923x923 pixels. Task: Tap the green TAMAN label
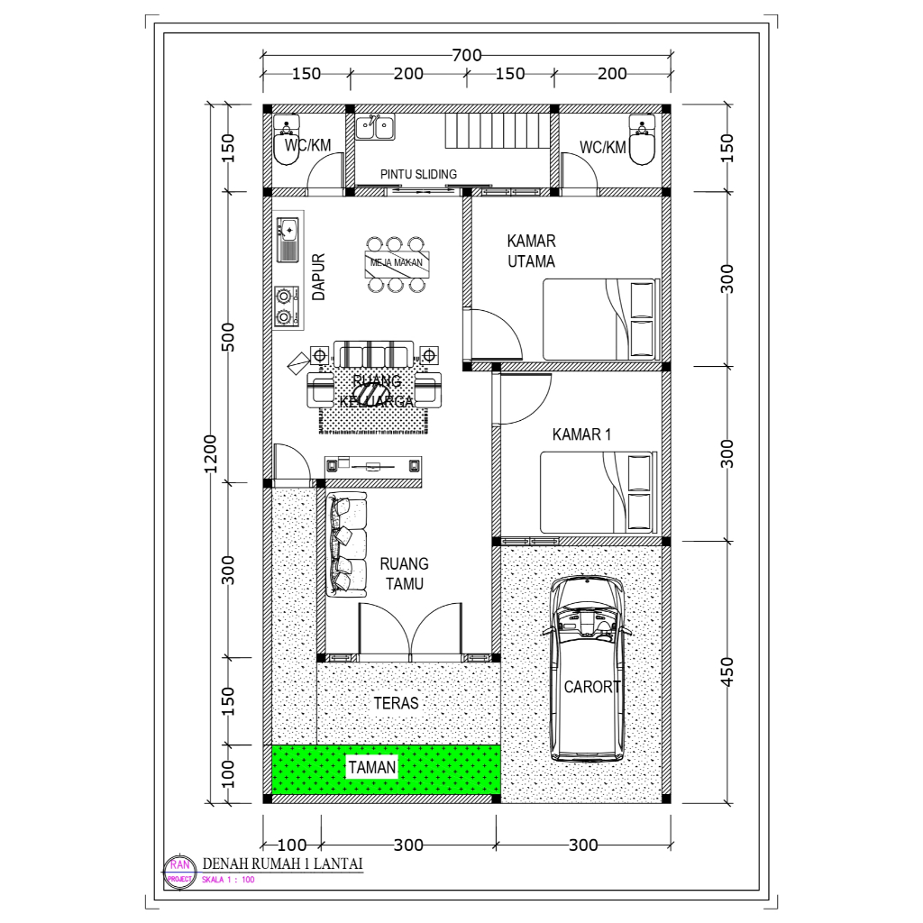tap(372, 767)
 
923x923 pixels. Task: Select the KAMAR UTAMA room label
tap(531, 251)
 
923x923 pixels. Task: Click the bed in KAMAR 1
tap(598, 492)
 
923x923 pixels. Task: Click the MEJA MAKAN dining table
tap(396, 264)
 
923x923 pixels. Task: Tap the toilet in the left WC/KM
tap(287, 143)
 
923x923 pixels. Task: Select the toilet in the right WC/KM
tap(642, 143)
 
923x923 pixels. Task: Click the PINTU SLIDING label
tap(418, 174)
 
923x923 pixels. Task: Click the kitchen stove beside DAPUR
tap(286, 306)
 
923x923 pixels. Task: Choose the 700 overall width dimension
tap(466, 55)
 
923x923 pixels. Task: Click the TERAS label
tap(396, 702)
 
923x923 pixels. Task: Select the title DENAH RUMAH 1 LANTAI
tap(282, 864)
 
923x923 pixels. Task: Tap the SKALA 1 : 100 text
tap(227, 880)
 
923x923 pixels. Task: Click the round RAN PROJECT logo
tap(177, 871)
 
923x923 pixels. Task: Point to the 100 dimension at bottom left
tap(291, 845)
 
